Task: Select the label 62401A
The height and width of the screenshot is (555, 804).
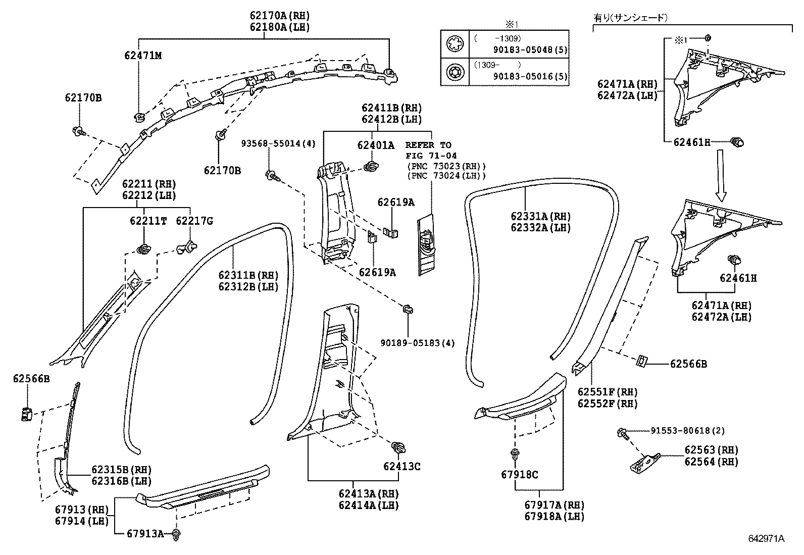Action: pos(375,145)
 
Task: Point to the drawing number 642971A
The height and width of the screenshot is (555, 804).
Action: pos(766,538)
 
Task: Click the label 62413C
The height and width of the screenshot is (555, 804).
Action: pos(401,466)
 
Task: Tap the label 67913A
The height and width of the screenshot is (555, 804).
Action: pos(145,533)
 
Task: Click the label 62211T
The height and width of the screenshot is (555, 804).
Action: pos(148,221)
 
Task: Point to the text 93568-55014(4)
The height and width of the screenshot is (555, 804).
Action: pos(278,143)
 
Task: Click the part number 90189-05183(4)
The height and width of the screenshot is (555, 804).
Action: pos(418,343)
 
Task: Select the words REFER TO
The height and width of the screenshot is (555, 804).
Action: pos(428,145)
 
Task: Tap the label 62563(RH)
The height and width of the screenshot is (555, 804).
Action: pos(711,450)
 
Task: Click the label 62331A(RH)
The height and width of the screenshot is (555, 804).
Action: pos(540,216)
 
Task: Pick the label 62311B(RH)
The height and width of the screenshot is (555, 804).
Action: pos(248,275)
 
